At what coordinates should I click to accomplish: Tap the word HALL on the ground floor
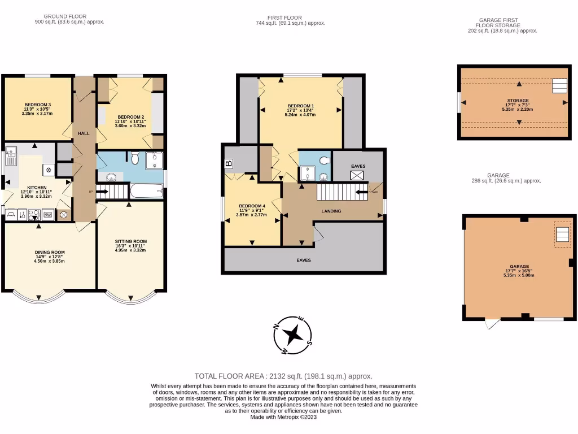84,133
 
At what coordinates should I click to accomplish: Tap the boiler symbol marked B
229,164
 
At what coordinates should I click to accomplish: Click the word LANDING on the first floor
331,211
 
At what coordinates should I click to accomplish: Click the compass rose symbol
294,336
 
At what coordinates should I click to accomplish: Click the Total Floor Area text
283,376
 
